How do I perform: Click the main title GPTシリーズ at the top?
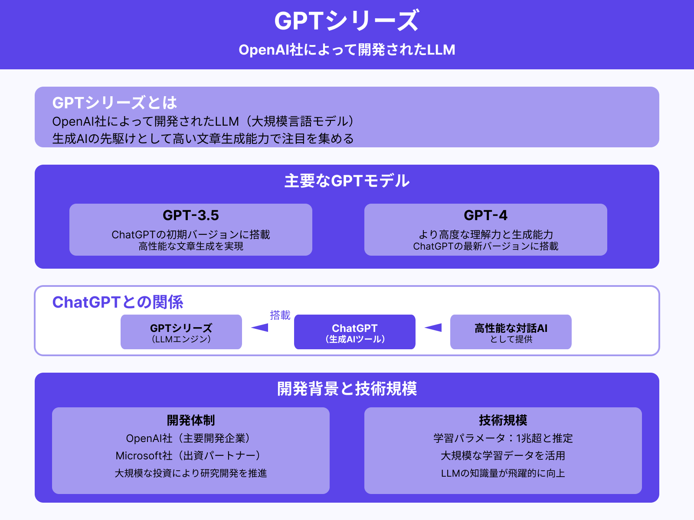coord(347,21)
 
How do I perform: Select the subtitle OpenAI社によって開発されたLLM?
coord(347,50)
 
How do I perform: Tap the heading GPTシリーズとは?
coord(115,103)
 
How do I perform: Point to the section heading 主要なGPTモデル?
coord(347,181)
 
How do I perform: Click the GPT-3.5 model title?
coord(190,215)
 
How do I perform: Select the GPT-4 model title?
coord(485,215)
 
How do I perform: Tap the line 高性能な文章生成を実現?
coord(190,246)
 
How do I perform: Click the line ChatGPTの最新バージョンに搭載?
coord(485,246)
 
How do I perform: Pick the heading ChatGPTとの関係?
coord(118,302)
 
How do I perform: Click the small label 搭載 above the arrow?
coord(280,315)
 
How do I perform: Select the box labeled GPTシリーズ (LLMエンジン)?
coord(181,332)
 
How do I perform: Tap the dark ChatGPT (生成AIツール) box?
coord(354,332)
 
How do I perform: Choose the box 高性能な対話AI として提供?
coord(511,332)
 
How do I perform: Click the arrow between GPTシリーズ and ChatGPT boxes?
coord(260,328)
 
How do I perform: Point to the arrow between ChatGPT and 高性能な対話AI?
coord(433,328)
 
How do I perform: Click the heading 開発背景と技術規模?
coord(347,389)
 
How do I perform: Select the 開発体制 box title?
coord(190,420)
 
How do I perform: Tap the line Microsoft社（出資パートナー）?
coord(190,455)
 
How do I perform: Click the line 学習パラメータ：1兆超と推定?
coord(503,438)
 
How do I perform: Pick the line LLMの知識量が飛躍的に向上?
coord(503,473)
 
